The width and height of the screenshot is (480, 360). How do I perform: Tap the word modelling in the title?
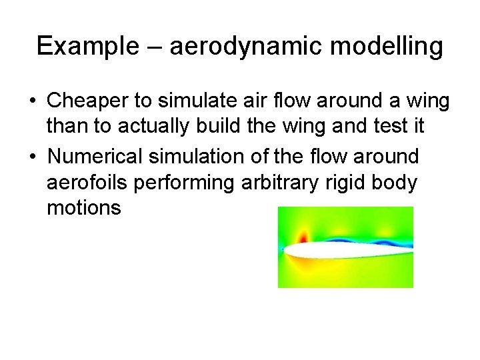(x=396, y=46)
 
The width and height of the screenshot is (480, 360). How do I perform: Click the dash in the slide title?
(x=154, y=46)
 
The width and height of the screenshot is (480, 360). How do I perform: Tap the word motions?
(x=84, y=209)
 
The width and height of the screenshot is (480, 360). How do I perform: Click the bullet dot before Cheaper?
(x=31, y=101)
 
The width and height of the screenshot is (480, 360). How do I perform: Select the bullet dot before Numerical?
(x=31, y=157)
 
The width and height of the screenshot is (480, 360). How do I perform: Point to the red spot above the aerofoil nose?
(x=304, y=237)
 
